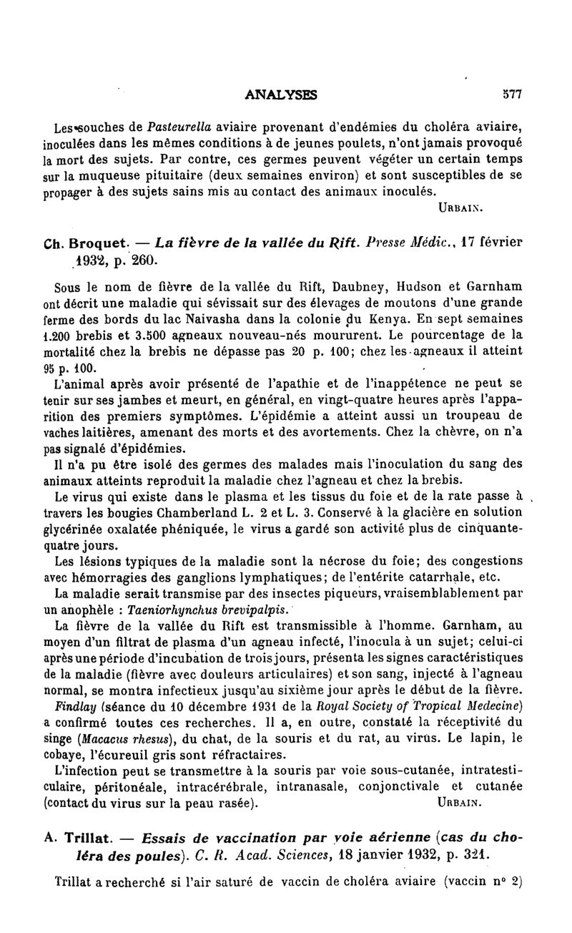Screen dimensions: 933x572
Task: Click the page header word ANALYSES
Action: pyautogui.click(x=281, y=94)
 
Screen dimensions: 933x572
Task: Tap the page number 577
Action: pyautogui.click(x=512, y=94)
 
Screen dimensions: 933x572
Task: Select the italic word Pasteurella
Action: pyautogui.click(x=177, y=128)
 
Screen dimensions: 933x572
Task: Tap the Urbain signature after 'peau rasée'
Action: pyautogui.click(x=458, y=803)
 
